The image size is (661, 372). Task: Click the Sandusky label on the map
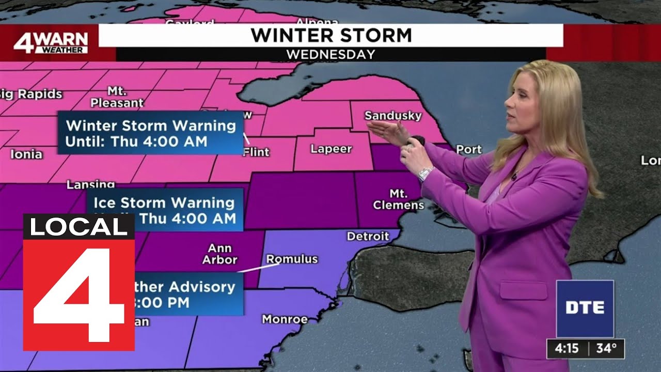(x=392, y=115)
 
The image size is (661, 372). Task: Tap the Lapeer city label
(x=331, y=149)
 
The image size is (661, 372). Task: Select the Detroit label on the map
(x=368, y=237)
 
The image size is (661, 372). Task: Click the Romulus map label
(x=292, y=259)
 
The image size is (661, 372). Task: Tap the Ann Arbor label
(x=219, y=255)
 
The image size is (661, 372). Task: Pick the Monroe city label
(x=285, y=319)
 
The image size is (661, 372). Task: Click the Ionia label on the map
(x=26, y=154)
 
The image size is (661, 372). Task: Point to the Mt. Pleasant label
(x=117, y=97)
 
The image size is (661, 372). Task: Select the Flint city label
(x=256, y=152)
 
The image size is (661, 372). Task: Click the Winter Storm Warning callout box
(x=150, y=133)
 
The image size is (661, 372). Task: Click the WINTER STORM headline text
(x=331, y=35)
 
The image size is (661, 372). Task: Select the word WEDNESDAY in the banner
(x=330, y=54)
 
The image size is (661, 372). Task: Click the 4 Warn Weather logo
(x=51, y=43)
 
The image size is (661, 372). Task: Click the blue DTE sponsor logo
(x=585, y=308)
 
